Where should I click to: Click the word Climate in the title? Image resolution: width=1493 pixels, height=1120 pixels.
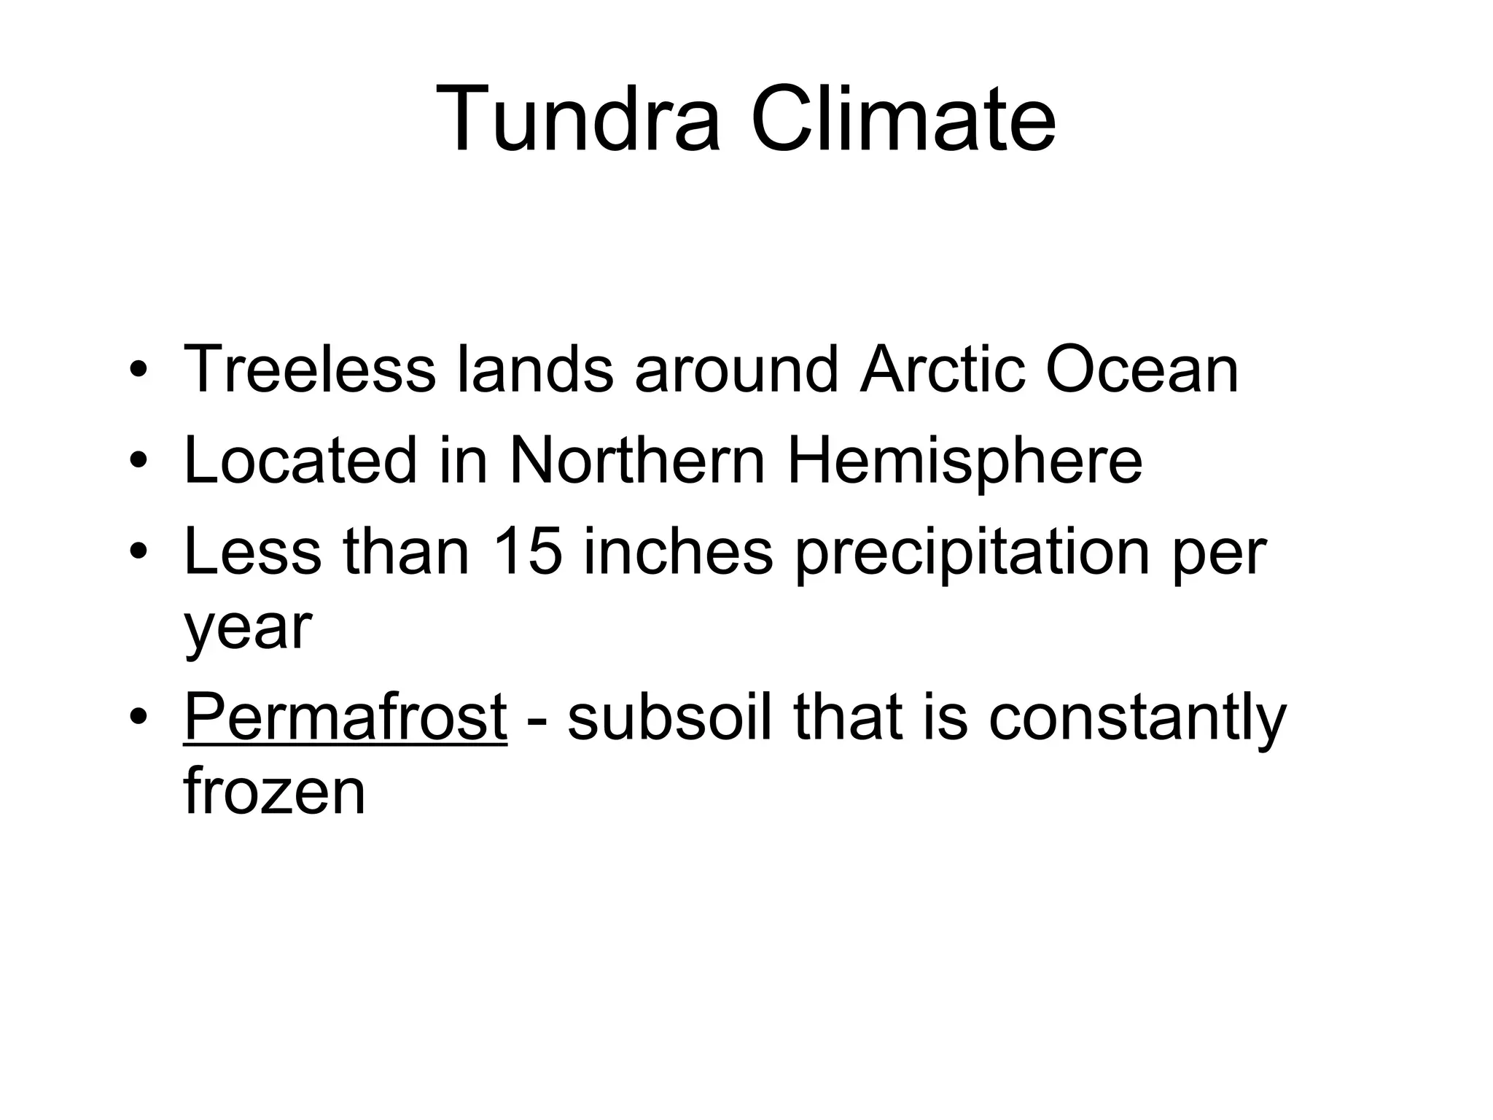903,119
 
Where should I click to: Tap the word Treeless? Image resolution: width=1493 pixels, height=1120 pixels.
310,370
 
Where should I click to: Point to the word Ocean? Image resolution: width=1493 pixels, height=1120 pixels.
1142,370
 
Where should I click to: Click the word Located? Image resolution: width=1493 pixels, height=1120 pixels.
300,461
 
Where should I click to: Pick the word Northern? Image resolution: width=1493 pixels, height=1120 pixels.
637,461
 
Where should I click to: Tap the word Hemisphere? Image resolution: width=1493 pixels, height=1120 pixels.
964,461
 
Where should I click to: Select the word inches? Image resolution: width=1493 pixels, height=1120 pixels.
678,552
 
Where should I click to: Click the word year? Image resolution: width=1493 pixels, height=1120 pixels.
248,629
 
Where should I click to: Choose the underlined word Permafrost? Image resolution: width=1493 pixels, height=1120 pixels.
345,717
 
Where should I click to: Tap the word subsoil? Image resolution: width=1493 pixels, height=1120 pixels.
668,717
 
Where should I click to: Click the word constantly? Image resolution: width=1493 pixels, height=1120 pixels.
1137,719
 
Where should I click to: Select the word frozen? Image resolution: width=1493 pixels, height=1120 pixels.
274,792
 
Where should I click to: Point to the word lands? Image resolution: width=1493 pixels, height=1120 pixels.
535,370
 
